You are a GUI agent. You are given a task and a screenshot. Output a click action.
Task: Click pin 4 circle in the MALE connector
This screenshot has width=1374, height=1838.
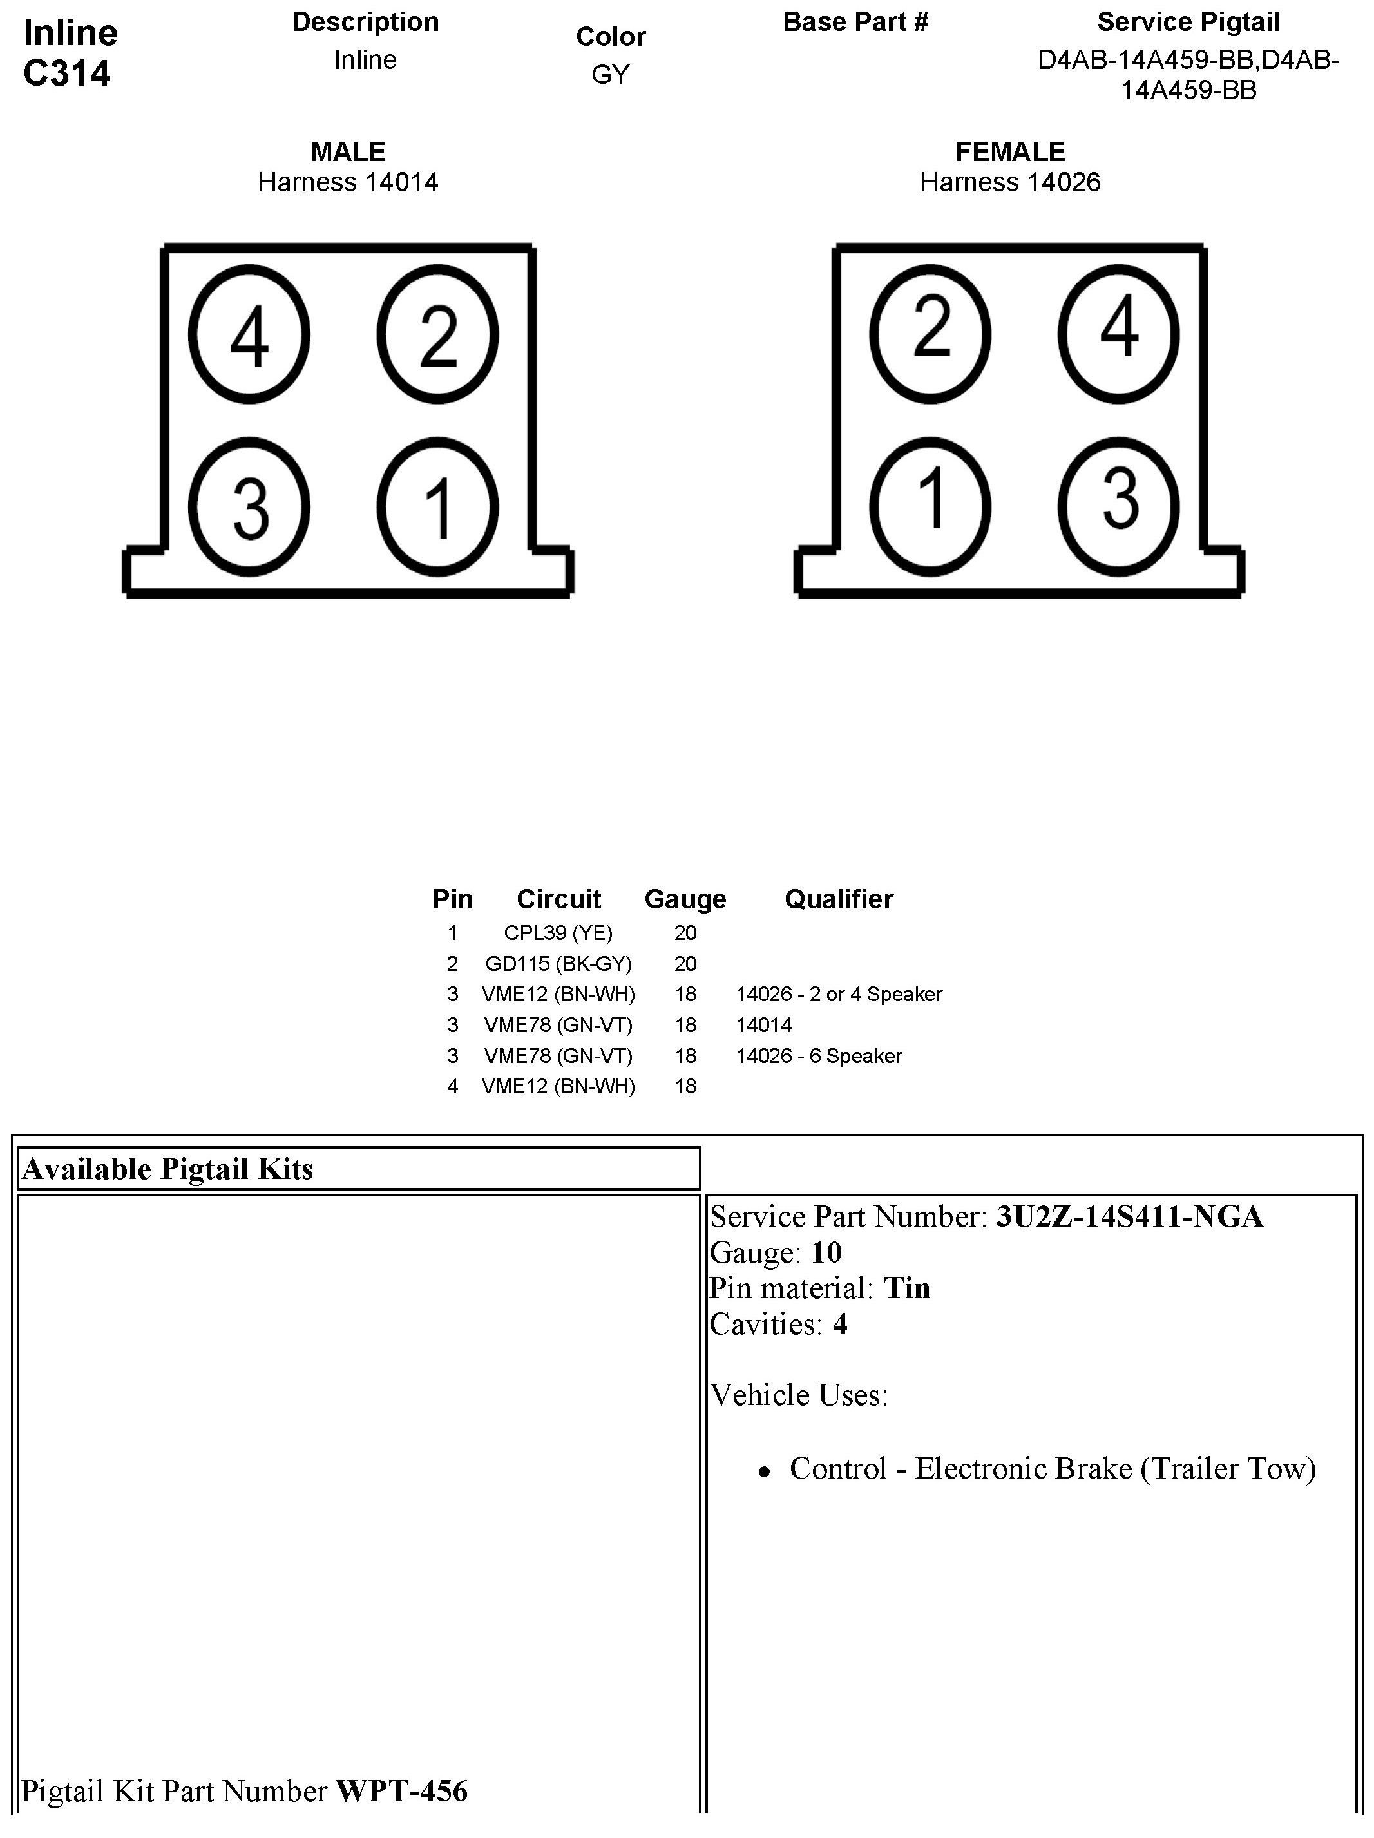(x=249, y=335)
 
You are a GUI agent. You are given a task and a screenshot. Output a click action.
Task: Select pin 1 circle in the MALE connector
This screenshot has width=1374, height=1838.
(x=438, y=507)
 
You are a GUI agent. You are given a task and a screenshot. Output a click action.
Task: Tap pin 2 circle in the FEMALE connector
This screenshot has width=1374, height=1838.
(x=930, y=333)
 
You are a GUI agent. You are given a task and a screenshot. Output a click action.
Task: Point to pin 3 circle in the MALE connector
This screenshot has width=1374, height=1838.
(x=249, y=507)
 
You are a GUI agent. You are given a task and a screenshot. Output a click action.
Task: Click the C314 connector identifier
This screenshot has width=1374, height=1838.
(x=67, y=73)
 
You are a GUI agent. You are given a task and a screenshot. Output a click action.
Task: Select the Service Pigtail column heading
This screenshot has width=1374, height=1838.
(x=1188, y=23)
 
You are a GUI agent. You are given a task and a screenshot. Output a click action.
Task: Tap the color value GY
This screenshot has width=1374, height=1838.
(x=611, y=75)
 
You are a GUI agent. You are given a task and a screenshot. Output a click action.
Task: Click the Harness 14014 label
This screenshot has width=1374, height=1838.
(x=348, y=182)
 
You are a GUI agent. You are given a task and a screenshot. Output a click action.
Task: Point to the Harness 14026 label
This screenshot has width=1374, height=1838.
(x=1009, y=182)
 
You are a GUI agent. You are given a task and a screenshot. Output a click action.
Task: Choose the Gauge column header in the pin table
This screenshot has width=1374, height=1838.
(x=685, y=899)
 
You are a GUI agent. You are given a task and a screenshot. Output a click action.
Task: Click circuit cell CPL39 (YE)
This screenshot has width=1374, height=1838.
(x=558, y=932)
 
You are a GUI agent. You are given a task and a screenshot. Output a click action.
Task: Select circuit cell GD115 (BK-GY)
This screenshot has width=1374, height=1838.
(x=558, y=963)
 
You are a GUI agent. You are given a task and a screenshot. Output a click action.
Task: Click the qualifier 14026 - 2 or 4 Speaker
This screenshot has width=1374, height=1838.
(x=839, y=994)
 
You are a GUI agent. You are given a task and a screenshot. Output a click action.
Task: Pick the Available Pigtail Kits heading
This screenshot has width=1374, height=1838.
(x=167, y=1169)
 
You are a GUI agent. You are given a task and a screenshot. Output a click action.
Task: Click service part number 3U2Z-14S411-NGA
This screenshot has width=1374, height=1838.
(x=1129, y=1216)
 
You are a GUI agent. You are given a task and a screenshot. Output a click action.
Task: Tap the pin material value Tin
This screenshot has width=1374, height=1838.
(x=906, y=1288)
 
